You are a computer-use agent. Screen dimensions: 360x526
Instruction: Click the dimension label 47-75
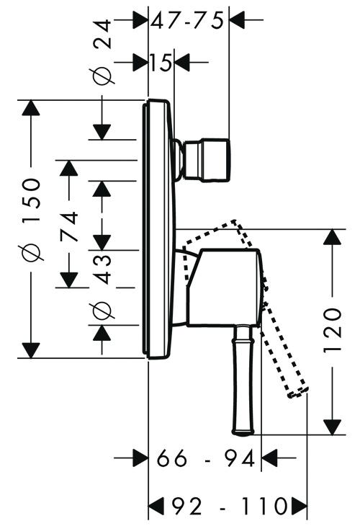(187, 20)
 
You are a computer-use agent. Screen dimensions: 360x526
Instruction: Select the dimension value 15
(161, 63)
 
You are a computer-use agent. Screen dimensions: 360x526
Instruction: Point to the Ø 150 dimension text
(32, 219)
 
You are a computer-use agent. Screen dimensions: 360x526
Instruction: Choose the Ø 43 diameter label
(102, 286)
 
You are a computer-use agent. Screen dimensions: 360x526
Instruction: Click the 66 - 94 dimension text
(206, 458)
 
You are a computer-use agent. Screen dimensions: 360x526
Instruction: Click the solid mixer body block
(224, 287)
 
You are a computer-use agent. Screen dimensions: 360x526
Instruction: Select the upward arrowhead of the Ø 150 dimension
(31, 108)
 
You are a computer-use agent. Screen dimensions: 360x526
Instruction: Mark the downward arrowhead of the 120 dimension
(332, 427)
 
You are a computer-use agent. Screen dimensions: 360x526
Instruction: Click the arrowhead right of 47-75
(238, 19)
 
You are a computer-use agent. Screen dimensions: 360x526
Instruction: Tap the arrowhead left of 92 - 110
(156, 506)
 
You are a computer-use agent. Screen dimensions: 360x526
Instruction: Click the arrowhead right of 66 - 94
(270, 458)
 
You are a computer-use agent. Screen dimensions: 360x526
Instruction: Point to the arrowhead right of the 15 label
(182, 62)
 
